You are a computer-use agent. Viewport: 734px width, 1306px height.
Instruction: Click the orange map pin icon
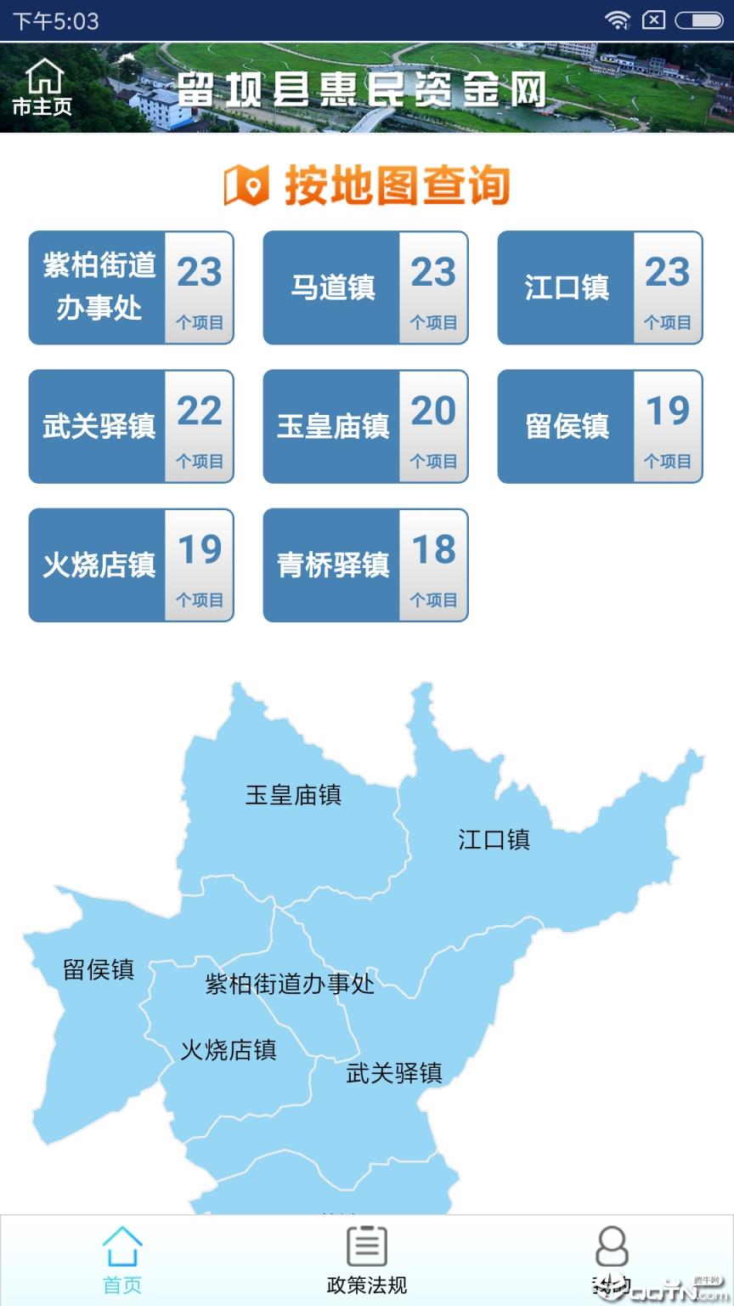point(246,186)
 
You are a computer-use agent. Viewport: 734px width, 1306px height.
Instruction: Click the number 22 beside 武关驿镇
point(200,412)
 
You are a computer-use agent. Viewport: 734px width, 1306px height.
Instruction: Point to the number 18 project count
point(433,550)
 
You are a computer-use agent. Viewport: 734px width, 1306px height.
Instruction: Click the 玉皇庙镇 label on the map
point(293,795)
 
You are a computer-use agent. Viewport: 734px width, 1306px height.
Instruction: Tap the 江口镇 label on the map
point(494,839)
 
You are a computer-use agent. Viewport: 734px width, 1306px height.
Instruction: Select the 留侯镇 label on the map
point(99,969)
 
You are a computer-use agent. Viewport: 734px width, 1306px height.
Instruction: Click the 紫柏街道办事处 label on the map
point(290,984)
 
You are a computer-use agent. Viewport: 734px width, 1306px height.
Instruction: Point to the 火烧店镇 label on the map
point(229,1049)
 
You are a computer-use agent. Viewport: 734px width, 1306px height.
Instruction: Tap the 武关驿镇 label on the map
point(394,1073)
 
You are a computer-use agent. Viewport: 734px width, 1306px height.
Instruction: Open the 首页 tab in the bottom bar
point(122,1259)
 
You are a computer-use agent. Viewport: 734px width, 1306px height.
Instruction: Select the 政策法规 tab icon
point(367,1246)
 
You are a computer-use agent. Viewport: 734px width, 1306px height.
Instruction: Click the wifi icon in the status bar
point(618,20)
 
